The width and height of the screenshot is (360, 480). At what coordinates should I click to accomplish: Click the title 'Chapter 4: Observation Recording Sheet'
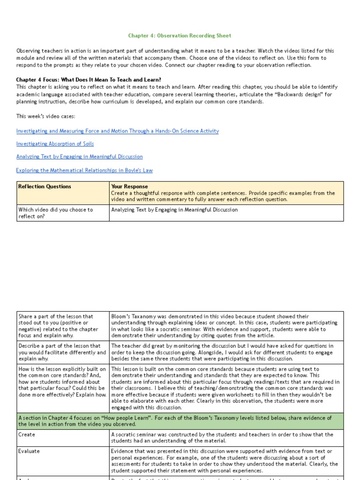click(180, 36)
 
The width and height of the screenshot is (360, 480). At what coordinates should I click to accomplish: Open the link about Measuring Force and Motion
click(117, 131)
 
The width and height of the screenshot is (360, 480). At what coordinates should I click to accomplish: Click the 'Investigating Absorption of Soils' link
click(55, 144)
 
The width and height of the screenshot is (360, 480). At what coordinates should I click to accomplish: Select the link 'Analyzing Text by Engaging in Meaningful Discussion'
click(79, 157)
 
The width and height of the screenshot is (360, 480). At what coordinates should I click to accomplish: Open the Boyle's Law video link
click(84, 171)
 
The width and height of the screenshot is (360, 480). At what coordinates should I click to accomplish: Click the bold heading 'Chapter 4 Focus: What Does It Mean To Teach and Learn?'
click(89, 80)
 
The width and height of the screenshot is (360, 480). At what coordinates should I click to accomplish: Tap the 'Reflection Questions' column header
click(45, 187)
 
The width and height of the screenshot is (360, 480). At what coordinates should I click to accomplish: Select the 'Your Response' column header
click(129, 187)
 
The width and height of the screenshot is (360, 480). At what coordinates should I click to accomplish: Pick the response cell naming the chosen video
click(174, 210)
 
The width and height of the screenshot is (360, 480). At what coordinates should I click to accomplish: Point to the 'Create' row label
click(26, 435)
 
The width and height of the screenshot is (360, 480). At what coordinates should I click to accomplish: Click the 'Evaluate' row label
click(29, 451)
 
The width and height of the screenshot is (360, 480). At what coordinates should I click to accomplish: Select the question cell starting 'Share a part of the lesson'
click(56, 326)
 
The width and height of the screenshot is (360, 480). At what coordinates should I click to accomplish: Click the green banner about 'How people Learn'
click(180, 421)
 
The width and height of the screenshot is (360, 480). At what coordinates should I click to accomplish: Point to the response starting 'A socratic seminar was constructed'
click(222, 437)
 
